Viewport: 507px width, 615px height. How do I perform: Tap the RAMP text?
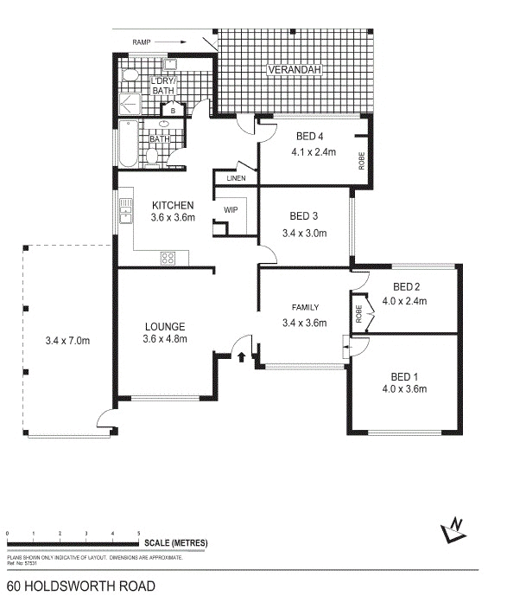tap(143, 41)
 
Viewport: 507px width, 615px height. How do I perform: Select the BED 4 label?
tap(310, 136)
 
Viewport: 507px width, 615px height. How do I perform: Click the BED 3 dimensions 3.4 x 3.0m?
tap(306, 233)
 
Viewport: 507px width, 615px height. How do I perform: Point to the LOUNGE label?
tap(165, 326)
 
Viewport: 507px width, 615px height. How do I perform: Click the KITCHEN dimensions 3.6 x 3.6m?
tap(173, 218)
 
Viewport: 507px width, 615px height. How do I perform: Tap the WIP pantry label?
tap(231, 210)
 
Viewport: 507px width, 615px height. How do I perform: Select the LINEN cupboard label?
tap(236, 178)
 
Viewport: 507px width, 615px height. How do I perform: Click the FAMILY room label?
tap(306, 307)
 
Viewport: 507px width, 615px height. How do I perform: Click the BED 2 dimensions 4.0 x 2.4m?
tap(405, 302)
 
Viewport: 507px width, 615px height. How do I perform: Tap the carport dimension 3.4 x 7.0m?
tap(67, 340)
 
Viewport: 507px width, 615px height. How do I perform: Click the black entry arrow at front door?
tap(242, 356)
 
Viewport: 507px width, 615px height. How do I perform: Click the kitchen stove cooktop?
tap(168, 257)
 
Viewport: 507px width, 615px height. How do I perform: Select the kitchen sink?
tap(125, 211)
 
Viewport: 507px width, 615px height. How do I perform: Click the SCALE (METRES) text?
tap(177, 541)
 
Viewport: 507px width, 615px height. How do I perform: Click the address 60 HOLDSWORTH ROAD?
tap(81, 586)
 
